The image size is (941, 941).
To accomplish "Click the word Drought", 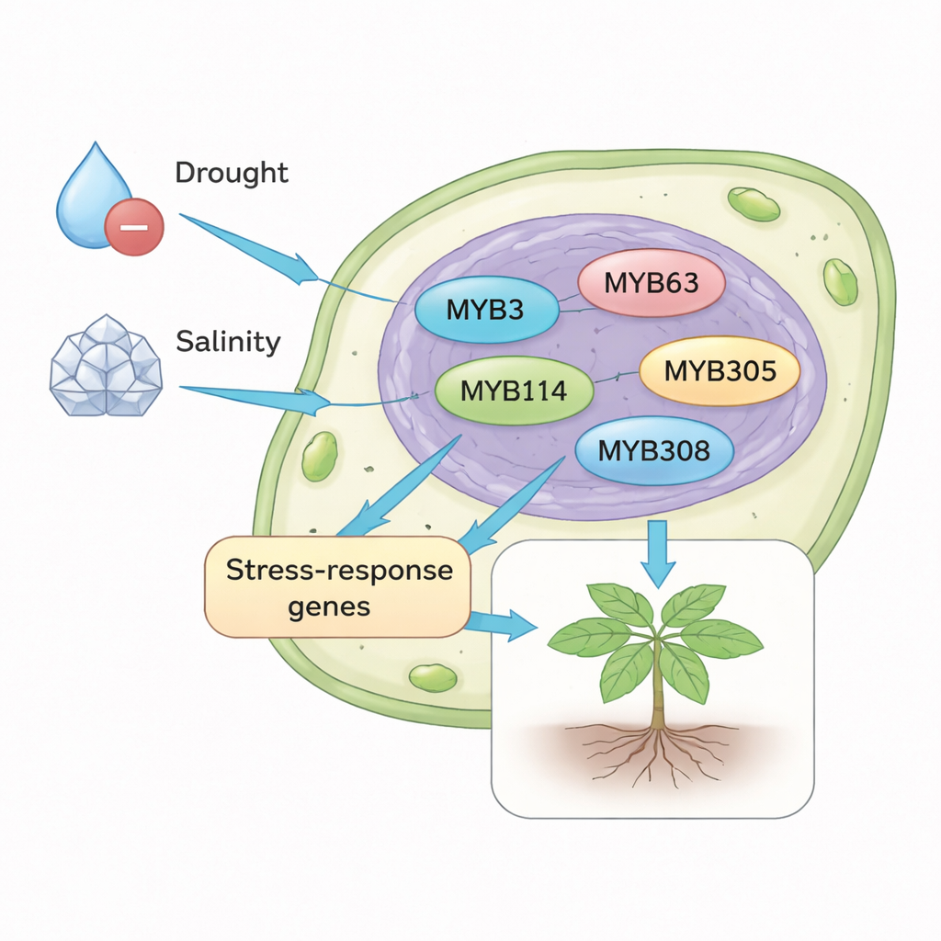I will click(x=231, y=173).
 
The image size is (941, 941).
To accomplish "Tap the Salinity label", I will click(x=227, y=343).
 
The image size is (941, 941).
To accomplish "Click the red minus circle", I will click(x=134, y=226).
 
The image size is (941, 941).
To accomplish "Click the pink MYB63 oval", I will click(x=652, y=282).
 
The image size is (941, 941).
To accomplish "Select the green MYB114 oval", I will click(x=514, y=391).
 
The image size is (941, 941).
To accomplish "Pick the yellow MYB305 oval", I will click(x=720, y=371).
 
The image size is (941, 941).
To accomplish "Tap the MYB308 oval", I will click(x=653, y=450).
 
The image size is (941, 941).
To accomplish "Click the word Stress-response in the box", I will click(x=339, y=570).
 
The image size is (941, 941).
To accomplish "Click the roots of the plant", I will click(x=657, y=749).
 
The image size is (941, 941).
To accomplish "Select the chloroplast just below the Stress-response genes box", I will click(x=432, y=678).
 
